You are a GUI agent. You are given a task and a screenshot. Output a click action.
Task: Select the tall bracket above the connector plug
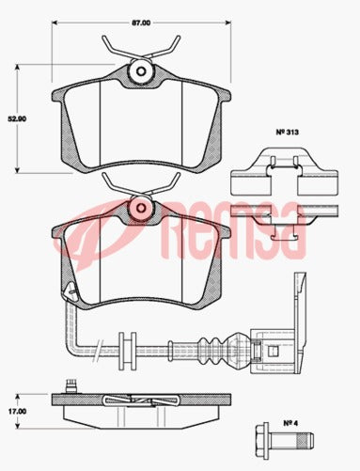299,301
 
